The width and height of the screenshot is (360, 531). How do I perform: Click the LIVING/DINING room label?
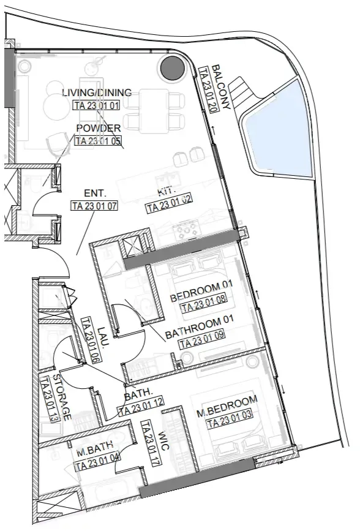[97, 92]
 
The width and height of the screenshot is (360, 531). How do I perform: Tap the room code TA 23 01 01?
[97, 105]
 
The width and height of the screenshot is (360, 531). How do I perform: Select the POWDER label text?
[99, 128]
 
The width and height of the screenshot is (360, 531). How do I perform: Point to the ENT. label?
[95, 194]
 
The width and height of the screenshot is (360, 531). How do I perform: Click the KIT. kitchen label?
[167, 192]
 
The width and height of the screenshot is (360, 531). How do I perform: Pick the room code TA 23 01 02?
[169, 204]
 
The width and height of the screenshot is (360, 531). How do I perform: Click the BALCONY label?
[221, 87]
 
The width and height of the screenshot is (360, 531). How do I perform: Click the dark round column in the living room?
[173, 68]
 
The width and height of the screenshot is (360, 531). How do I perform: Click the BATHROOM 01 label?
[199, 327]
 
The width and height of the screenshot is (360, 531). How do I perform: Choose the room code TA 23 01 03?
[230, 418]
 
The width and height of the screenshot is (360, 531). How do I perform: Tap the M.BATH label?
[94, 449]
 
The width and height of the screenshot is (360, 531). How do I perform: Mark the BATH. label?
[138, 394]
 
